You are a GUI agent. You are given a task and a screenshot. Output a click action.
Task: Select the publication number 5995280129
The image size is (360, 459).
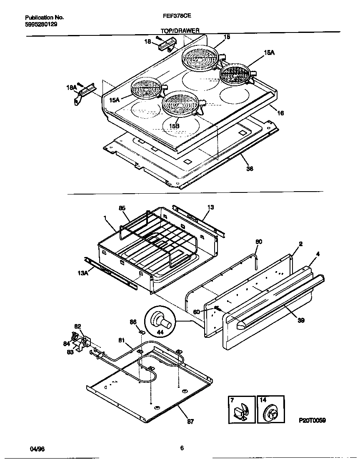pos(41,24)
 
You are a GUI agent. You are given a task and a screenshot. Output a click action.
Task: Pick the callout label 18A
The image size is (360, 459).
pos(71,87)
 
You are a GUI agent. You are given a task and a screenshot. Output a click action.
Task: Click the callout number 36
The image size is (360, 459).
pos(250,169)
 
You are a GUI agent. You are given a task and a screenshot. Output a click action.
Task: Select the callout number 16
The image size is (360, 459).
pos(280,113)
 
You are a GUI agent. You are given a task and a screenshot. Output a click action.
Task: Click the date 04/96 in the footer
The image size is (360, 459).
pos(37,449)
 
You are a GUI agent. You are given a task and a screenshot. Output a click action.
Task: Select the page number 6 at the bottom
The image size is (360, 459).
pos(182,448)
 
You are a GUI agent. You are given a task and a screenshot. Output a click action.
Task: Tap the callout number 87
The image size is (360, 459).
pos(190,422)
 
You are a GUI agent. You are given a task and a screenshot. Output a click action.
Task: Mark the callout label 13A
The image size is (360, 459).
pos(83,273)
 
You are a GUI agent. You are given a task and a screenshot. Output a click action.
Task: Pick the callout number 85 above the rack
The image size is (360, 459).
pos(122,207)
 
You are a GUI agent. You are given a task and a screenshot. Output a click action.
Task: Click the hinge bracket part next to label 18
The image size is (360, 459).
pos(166,44)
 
